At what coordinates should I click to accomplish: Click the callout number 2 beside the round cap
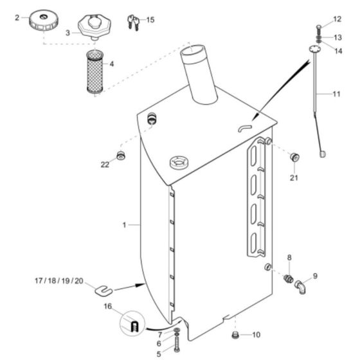(17, 18)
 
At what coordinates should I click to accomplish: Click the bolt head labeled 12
(319, 26)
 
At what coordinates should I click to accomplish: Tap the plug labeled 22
(120, 156)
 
